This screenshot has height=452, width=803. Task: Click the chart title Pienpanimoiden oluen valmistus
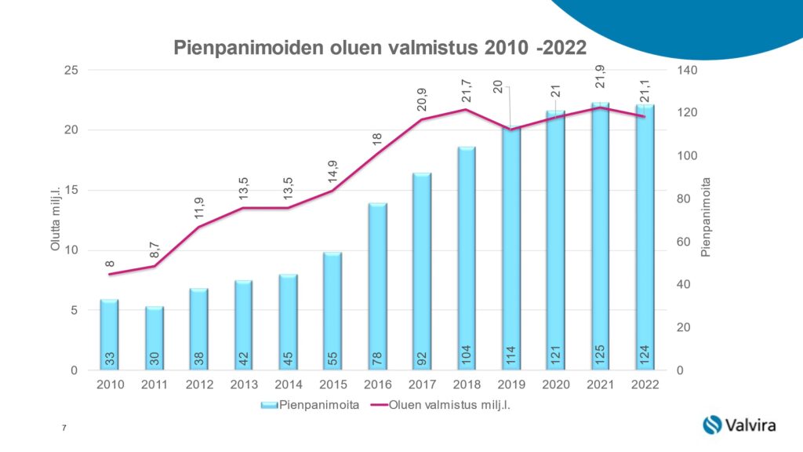[x=380, y=48]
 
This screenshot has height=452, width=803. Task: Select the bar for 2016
[x=377, y=286]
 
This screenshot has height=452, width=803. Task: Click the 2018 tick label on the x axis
[x=467, y=385]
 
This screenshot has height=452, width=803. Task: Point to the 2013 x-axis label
[x=243, y=385]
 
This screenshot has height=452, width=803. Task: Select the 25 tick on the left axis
[x=71, y=71]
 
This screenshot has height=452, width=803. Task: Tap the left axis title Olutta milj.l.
[x=56, y=221]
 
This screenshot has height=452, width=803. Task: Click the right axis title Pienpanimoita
[x=705, y=221]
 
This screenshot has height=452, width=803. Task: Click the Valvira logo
[x=739, y=425]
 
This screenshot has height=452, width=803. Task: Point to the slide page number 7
[x=63, y=427]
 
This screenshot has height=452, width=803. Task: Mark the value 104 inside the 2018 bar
[x=467, y=355]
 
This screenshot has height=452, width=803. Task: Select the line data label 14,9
[x=332, y=171]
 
